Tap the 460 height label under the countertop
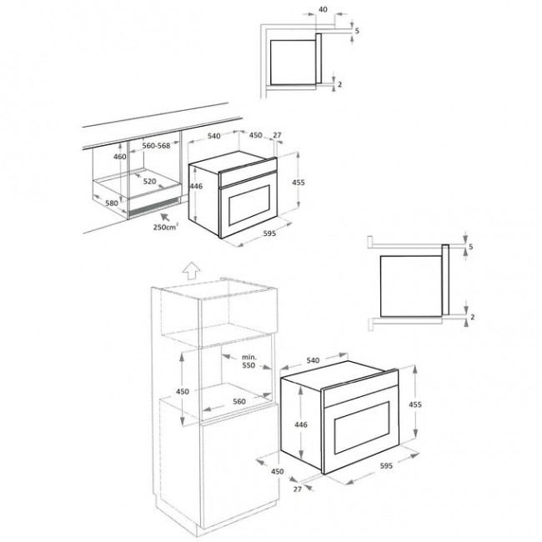[x=119, y=156]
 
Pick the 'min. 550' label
[x=248, y=361]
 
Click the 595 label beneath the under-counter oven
[x=268, y=234]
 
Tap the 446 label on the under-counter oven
[x=196, y=187]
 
